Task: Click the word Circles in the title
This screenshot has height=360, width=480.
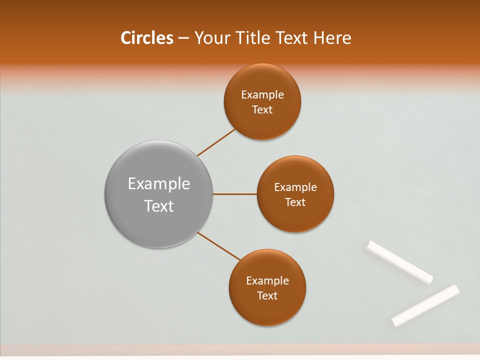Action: [147, 38]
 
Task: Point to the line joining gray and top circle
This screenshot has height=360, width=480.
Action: [216, 142]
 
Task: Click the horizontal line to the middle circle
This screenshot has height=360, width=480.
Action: [235, 194]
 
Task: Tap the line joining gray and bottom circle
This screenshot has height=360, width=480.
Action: [219, 246]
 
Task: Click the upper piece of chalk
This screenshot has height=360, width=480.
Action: [400, 262]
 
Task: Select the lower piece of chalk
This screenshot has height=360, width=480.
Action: [425, 305]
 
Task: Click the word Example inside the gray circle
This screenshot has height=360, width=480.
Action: [159, 184]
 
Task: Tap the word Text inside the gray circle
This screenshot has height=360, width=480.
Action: [159, 206]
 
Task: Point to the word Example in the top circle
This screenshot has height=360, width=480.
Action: [262, 95]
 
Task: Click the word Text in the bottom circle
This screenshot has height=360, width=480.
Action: [267, 296]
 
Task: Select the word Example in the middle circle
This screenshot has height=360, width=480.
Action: [295, 187]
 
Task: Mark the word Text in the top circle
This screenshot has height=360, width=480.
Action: [262, 110]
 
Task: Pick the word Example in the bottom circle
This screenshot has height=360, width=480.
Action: [267, 281]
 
